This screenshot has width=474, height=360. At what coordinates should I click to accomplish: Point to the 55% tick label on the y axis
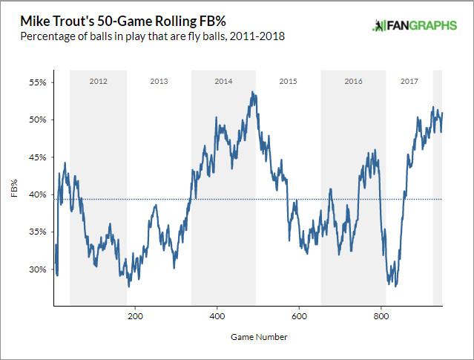tap(37, 82)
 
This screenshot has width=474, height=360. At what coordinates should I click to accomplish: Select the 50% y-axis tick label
tap(37, 120)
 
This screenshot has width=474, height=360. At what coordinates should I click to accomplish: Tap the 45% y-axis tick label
tap(37, 157)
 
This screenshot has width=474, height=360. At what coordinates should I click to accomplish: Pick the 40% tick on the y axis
tap(37, 194)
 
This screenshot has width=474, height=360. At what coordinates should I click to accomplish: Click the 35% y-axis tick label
tap(37, 232)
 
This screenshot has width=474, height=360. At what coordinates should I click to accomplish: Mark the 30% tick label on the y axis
tap(37, 269)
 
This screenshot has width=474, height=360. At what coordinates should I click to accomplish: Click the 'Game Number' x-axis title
tap(248, 336)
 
